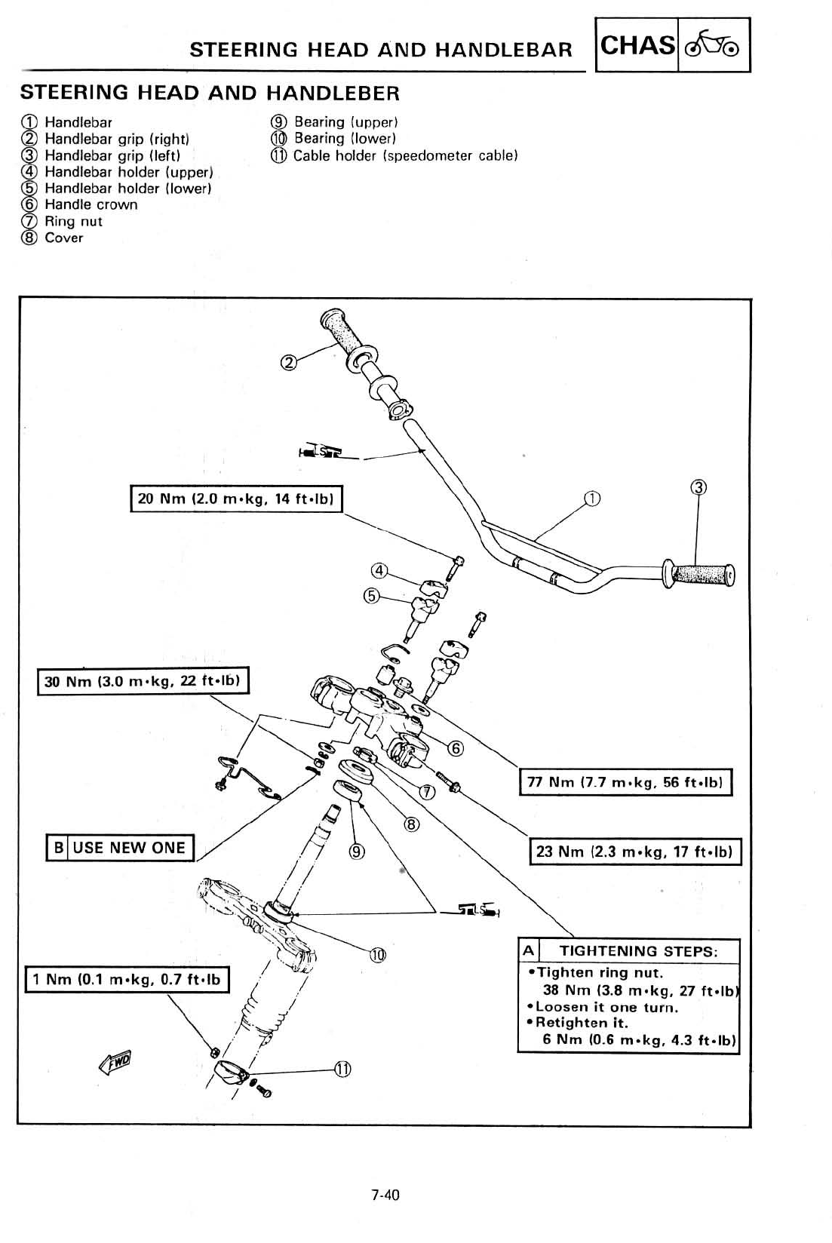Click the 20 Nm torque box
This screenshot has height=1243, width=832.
[237, 499]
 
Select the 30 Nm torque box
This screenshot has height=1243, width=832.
[143, 681]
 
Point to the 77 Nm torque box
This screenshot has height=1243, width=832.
[625, 782]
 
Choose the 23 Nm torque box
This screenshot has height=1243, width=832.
[635, 852]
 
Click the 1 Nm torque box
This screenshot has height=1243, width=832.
[127, 979]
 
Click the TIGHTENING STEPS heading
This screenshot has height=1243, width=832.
[637, 950]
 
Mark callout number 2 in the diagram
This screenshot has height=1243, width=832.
[287, 363]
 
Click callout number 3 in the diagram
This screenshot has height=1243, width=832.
[698, 486]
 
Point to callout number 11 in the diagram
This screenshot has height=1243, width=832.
[342, 1069]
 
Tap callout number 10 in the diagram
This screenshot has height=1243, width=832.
[377, 956]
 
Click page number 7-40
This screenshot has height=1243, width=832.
[385, 1195]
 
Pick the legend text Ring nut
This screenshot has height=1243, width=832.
[73, 221]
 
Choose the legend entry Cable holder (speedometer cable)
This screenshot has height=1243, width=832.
[405, 155]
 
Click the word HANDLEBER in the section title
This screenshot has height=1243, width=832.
[333, 93]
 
